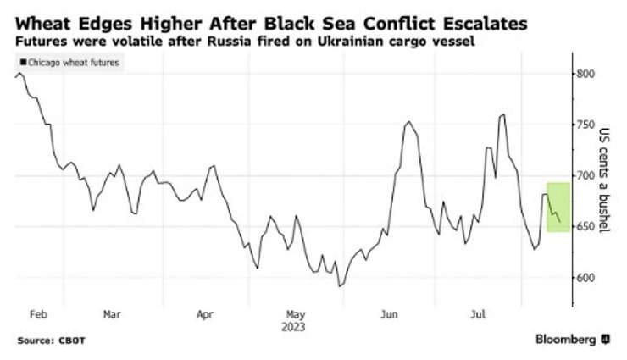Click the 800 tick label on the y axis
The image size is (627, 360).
(x=585, y=75)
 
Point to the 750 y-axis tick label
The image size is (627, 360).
(x=585, y=125)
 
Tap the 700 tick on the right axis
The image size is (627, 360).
(x=585, y=175)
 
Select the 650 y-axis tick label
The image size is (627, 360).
(x=585, y=227)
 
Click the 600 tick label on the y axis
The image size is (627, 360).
(x=585, y=278)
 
